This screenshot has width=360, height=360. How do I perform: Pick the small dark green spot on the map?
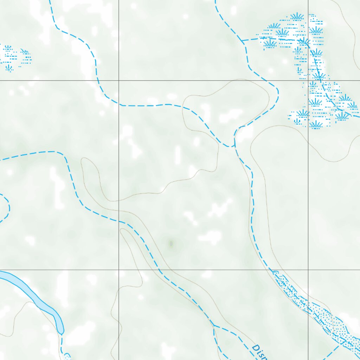171,243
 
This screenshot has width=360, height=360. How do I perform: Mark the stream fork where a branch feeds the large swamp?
242,41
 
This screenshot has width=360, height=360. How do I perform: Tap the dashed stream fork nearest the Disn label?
214,326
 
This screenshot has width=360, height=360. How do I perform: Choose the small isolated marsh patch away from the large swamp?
14,56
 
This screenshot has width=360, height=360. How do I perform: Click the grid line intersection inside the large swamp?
308,81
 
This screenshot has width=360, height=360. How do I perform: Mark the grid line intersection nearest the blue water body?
119,270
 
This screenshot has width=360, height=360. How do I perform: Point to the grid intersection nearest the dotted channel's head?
308,270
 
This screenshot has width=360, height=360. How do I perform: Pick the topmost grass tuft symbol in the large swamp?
297,16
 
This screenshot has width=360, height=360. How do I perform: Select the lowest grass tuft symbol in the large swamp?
316,124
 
